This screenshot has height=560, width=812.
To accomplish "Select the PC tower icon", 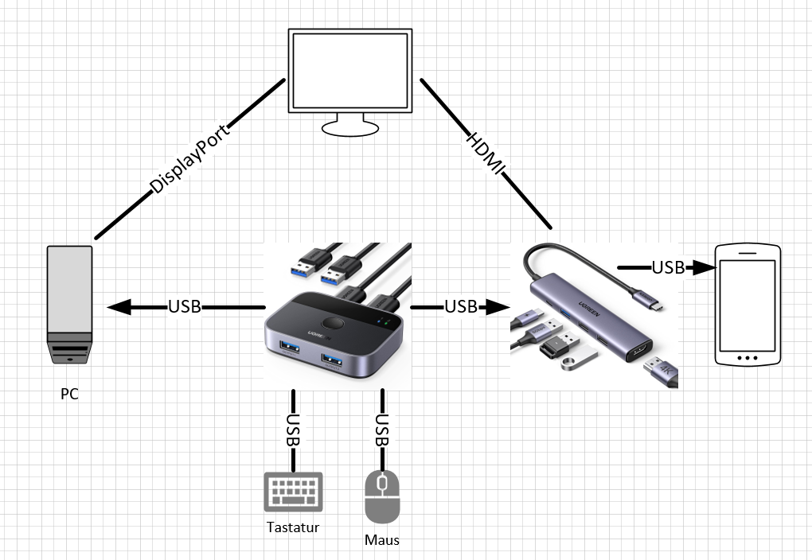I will [69, 305].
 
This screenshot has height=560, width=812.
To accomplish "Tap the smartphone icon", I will [748, 305].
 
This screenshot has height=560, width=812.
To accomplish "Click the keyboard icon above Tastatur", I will [293, 492].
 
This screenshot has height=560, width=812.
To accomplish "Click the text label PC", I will [69, 394].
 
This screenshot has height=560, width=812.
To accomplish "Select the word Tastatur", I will [293, 527].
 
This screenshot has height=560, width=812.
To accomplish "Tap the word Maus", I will [382, 540].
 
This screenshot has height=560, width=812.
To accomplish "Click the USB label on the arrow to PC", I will [184, 306].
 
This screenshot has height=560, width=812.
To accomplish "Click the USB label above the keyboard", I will [294, 430].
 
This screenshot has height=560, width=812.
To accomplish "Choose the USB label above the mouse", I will [383, 430].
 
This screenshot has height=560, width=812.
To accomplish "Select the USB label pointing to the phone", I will [668, 268].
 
